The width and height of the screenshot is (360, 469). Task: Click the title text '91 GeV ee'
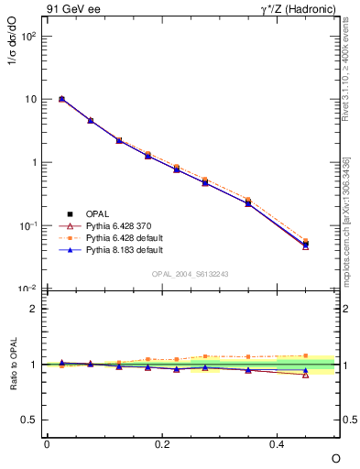(71, 11)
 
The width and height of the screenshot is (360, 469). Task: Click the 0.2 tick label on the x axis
(163, 444)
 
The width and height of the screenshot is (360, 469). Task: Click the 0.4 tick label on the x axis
(279, 444)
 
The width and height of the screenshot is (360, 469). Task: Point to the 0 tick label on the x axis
(47, 444)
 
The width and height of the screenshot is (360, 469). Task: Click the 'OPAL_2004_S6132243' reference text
(191, 274)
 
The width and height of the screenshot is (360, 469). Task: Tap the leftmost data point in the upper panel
(61, 99)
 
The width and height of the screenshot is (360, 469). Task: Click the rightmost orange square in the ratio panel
(306, 355)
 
